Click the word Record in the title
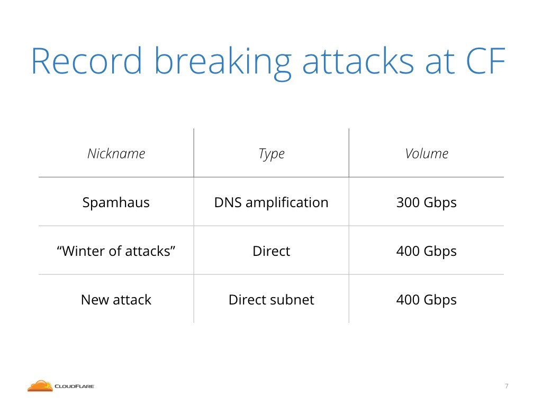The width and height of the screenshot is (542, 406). (x=87, y=61)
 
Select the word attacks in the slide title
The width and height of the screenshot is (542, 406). (x=358, y=61)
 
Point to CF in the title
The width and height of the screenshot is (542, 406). (x=486, y=61)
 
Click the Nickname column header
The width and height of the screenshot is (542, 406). (x=116, y=153)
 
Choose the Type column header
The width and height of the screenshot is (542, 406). (x=272, y=154)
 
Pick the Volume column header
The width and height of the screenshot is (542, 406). (x=427, y=153)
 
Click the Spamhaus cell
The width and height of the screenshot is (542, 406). (x=116, y=202)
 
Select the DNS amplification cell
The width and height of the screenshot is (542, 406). (x=272, y=202)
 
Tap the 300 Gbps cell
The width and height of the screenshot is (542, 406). (x=426, y=202)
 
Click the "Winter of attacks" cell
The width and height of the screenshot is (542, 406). (x=116, y=251)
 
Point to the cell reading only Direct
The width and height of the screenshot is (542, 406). (x=272, y=251)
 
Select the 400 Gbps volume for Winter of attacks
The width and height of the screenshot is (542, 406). (x=426, y=251)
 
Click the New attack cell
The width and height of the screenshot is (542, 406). (x=116, y=300)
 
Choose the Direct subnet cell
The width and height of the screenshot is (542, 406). (x=272, y=300)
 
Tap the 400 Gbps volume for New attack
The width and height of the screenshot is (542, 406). (x=426, y=300)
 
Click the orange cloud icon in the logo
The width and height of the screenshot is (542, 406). (x=40, y=386)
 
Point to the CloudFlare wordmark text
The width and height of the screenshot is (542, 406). (x=74, y=386)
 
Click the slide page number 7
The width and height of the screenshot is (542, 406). (x=507, y=386)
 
